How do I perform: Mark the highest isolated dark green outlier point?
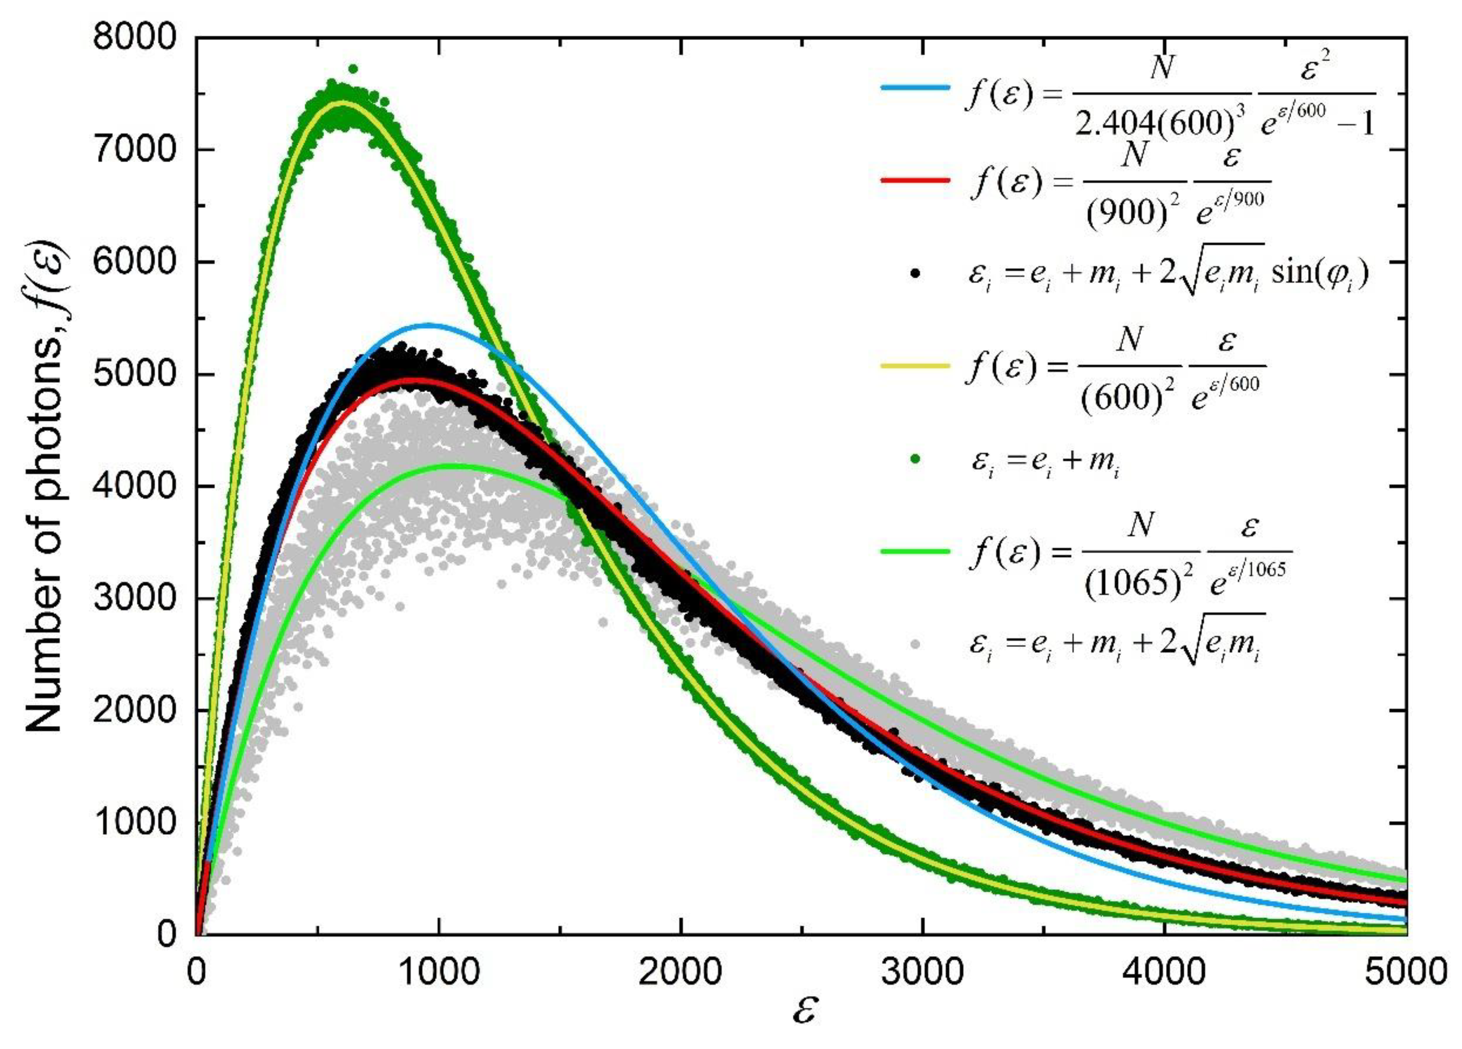353,69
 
